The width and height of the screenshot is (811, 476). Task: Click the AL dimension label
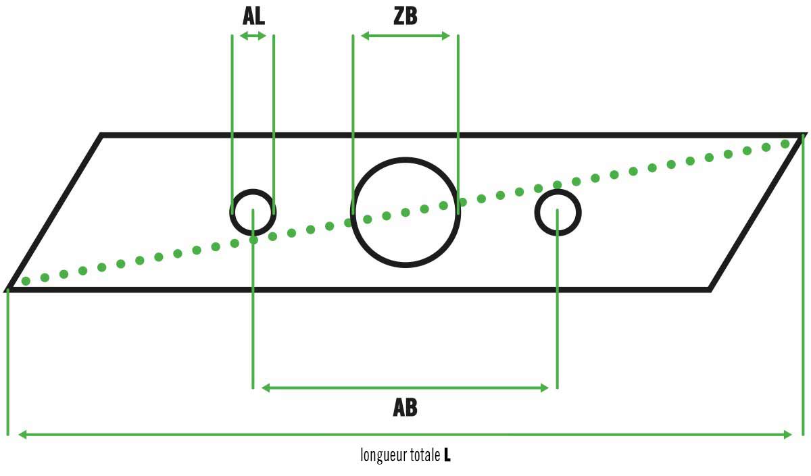[253, 16]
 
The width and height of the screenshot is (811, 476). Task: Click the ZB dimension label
[405, 16]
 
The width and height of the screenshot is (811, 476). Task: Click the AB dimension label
[405, 408]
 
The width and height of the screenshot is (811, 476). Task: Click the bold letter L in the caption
[447, 455]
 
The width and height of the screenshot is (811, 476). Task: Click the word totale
[425, 455]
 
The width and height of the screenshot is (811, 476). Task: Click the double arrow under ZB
[405, 36]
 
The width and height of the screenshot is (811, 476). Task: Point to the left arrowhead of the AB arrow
[266, 388]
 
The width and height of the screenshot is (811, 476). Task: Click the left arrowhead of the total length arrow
[22, 435]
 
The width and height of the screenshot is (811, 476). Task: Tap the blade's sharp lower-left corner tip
[8, 290]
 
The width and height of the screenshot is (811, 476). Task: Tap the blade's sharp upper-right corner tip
[804, 135]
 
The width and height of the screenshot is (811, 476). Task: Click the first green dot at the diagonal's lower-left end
[26, 281]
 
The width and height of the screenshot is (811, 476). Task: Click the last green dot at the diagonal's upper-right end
[785, 144]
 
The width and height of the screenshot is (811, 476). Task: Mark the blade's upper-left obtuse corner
[102, 136]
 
